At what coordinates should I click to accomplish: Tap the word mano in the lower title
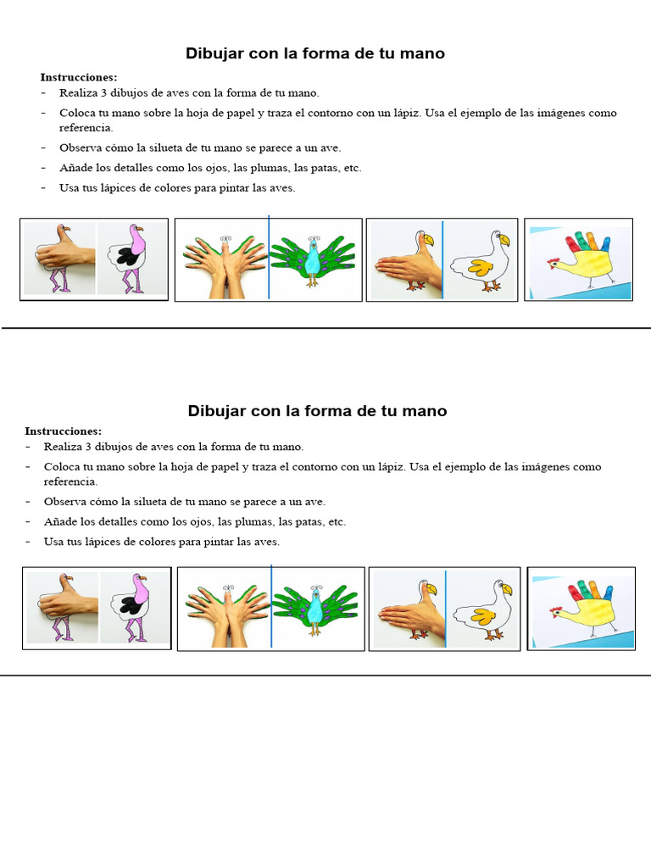[x=426, y=411]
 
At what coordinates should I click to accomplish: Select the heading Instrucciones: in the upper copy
[x=79, y=77]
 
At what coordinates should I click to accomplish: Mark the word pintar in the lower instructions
[x=214, y=542]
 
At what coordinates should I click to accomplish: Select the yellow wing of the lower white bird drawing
[x=484, y=613]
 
